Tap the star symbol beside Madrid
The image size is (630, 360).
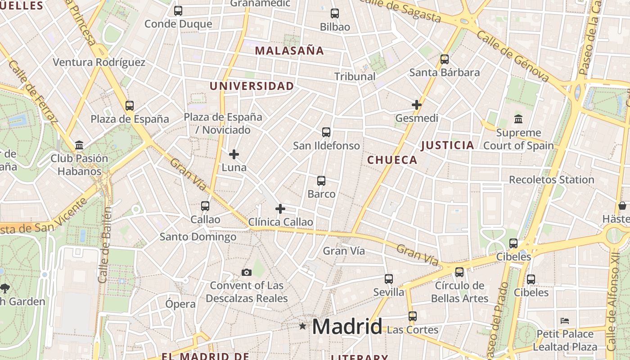[302, 326]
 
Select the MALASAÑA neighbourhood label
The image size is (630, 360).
[289, 50]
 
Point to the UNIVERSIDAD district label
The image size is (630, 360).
[252, 86]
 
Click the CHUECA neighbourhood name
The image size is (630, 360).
[392, 160]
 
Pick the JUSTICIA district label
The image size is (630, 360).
[447, 145]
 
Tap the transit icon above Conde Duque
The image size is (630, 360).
[178, 11]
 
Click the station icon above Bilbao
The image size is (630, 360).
[334, 13]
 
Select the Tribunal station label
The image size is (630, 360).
[355, 76]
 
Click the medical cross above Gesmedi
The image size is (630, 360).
[417, 105]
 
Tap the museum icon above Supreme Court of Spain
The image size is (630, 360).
[518, 119]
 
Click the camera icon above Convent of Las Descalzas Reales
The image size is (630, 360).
[246, 272]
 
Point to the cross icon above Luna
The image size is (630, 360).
[234, 154]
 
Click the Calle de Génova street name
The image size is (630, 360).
[513, 56]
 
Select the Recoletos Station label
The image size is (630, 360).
[551, 180]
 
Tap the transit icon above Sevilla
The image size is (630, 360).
[389, 279]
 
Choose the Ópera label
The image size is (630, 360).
[180, 304]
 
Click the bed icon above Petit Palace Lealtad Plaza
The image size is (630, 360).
[565, 321]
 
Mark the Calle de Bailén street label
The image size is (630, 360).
[105, 245]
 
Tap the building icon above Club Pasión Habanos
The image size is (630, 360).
[79, 145]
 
